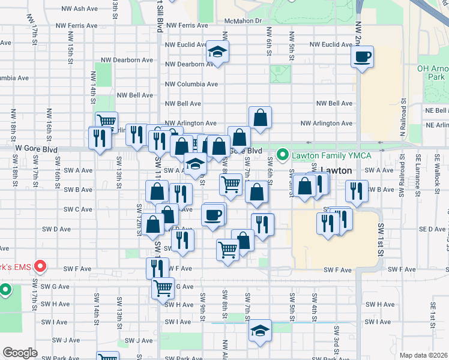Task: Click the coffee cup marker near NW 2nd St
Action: pyautogui.click(x=363, y=58)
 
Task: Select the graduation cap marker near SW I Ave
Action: pyautogui.click(x=260, y=331)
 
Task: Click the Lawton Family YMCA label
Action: pyautogui.click(x=331, y=155)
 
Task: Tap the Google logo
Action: pyautogui.click(x=20, y=353)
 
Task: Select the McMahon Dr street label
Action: pyautogui.click(x=244, y=21)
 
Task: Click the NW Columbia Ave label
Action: pyautogui.click(x=192, y=84)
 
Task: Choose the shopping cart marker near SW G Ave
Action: pyautogui.click(x=163, y=289)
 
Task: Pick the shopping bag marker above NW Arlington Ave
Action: pyautogui.click(x=260, y=118)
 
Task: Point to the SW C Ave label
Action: pyautogui.click(x=78, y=209)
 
